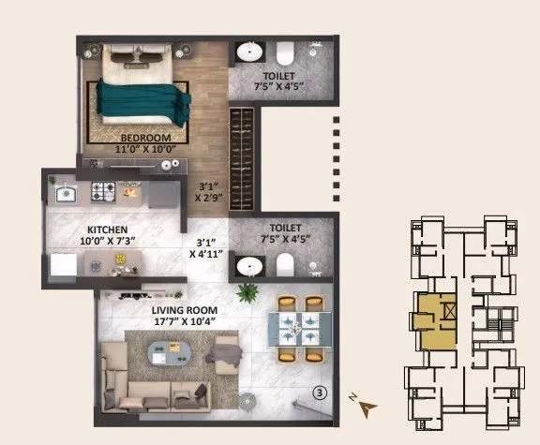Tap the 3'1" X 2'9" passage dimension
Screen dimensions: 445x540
click(208, 192)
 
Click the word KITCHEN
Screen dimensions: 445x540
click(108, 230)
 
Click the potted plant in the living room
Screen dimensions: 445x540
click(246, 292)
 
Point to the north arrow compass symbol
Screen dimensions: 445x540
click(366, 406)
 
